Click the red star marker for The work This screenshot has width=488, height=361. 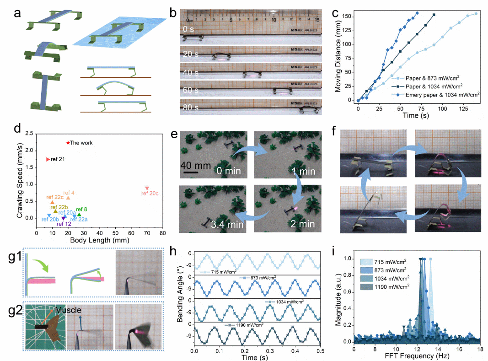[68, 143]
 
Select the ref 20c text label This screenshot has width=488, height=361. [150, 194]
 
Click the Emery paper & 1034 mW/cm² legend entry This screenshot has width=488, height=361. [436, 94]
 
